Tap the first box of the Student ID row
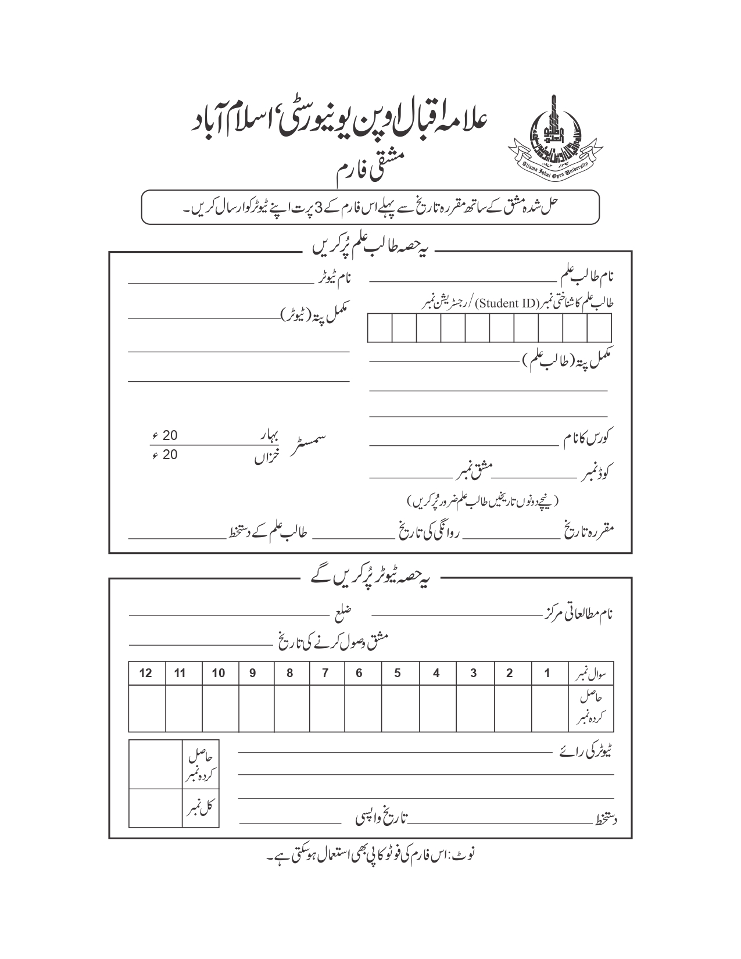pos(380,328)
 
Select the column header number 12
pos(146,673)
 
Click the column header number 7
pos(325,673)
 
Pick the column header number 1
pos(547,673)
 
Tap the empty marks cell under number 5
pos(398,708)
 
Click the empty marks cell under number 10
pos(219,708)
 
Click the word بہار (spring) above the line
pos(269,435)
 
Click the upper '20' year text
pos(170,435)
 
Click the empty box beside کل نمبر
pos(155,808)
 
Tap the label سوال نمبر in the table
pos(591,674)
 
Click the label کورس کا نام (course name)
pos(588,437)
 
